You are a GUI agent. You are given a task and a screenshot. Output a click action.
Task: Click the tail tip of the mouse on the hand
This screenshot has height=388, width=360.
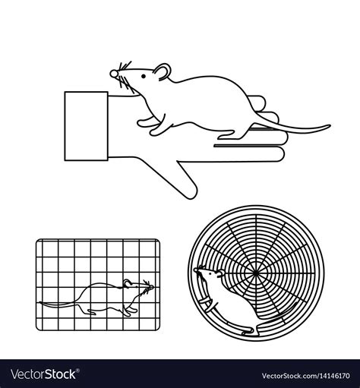328,126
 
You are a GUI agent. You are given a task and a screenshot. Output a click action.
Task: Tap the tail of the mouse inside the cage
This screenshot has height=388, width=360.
57,303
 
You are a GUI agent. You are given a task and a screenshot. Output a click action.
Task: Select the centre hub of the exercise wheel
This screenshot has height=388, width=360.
252,269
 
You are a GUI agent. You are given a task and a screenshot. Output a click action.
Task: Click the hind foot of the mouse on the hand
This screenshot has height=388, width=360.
228,135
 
